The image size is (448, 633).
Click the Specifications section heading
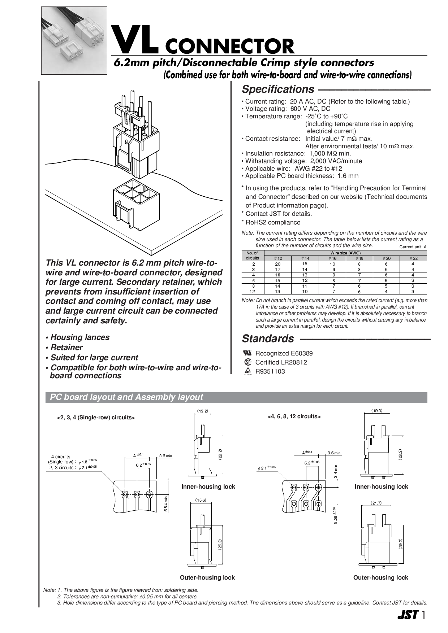tap(277, 89)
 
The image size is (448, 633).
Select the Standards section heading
tap(268, 339)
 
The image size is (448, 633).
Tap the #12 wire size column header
tap(277, 258)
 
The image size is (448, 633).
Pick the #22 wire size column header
tap(413, 258)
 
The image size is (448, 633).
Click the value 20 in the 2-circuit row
tap(277, 264)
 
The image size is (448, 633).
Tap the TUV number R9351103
tap(270, 371)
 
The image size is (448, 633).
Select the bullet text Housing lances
tap(80, 337)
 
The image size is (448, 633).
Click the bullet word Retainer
tap(66, 348)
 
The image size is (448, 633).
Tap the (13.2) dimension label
tap(202, 411)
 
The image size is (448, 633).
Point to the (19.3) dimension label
tap(376, 411)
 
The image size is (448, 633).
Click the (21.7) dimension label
tap(376, 503)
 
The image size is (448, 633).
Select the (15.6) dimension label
tap(201, 500)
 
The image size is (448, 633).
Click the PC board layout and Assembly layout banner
tap(126, 397)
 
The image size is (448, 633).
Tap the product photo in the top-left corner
tap(74, 40)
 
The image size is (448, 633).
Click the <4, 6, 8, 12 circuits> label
tap(294, 416)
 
